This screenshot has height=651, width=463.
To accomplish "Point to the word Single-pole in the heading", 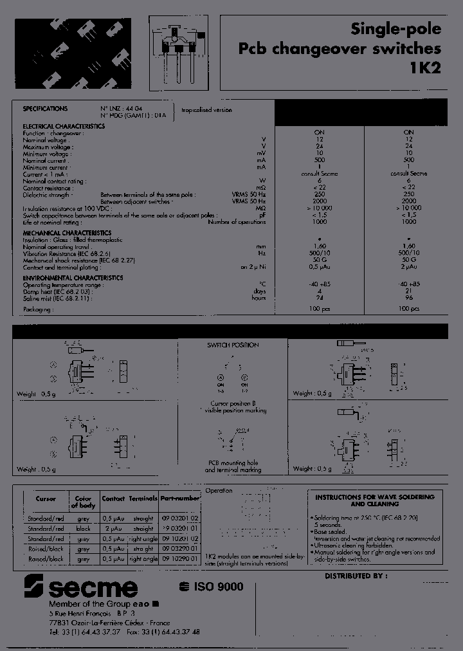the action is coord(395,29).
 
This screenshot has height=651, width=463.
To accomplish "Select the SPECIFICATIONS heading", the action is coord(45,109).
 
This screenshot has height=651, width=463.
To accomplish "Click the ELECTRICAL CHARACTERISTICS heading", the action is coord(64,126).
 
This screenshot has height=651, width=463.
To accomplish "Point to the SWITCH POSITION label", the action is coord(233,345).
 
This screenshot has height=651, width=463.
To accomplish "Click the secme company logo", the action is coord(81,587).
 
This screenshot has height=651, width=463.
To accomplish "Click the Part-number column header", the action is coord(180,499).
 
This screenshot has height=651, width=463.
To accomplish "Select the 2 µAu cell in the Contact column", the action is coord(113,528).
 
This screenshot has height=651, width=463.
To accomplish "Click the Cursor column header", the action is coord(46,499).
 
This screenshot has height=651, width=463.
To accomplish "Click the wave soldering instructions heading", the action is coord(374,500).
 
